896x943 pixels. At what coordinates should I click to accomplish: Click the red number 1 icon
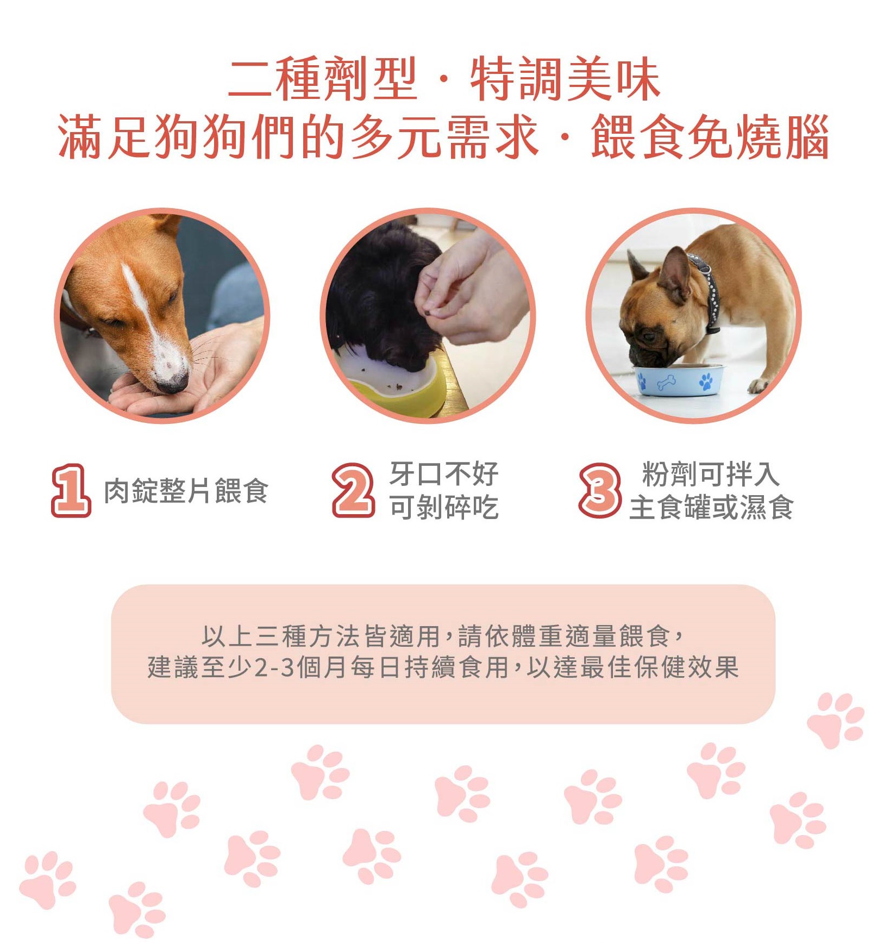tap(71, 490)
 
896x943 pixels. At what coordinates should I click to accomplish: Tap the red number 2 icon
tap(353, 490)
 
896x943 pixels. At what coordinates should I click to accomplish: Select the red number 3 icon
tap(599, 490)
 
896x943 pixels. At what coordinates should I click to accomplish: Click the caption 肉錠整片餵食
tap(186, 491)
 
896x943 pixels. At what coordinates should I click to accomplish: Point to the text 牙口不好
tap(444, 474)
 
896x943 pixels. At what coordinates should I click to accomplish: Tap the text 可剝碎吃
tap(444, 508)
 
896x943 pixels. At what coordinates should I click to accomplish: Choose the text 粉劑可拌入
tap(711, 474)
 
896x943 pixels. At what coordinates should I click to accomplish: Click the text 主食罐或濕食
tap(711, 508)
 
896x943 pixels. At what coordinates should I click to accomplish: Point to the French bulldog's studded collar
tap(706, 291)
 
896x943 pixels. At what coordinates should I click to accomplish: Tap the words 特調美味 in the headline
tap(565, 80)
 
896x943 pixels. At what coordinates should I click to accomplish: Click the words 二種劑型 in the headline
tap(323, 80)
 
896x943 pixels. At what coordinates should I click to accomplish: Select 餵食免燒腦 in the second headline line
tap(710, 137)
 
